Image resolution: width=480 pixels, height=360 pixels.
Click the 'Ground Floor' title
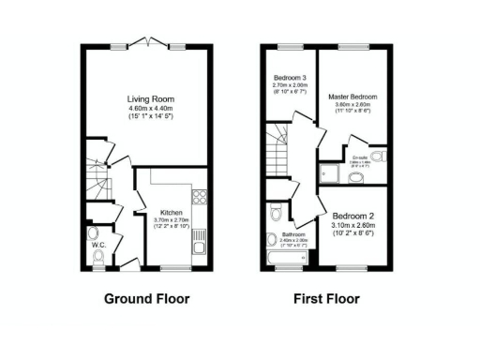145,300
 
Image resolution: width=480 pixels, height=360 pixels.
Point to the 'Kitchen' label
171,213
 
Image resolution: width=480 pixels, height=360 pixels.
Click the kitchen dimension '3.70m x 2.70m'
171,221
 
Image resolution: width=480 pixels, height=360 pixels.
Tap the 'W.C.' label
97,246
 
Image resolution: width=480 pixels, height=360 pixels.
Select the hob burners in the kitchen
199,197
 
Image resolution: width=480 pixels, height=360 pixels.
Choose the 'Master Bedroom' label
352,97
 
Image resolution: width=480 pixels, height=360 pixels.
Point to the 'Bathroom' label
293,235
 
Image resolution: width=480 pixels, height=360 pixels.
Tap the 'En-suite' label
360,158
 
